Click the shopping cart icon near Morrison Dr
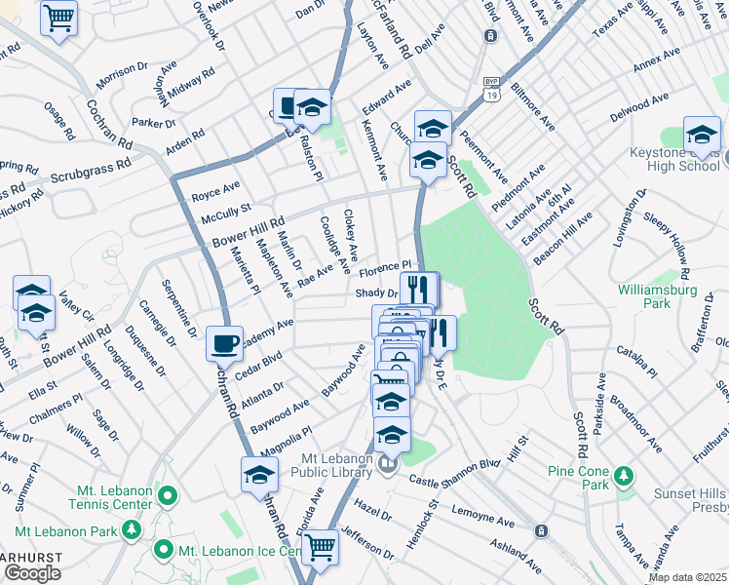coord(60,19)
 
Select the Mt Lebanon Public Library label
coord(325,465)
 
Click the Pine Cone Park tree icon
coord(622,477)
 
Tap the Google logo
coord(32,573)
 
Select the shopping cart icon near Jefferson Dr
coord(320,548)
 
